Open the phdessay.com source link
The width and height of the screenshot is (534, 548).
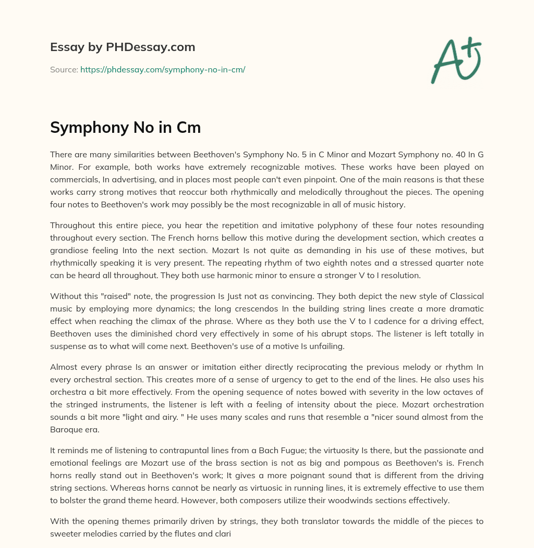point(163,69)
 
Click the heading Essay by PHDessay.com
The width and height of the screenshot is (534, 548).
point(123,47)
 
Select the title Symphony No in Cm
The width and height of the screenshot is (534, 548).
point(125,128)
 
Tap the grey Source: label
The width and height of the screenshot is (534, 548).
point(64,69)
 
